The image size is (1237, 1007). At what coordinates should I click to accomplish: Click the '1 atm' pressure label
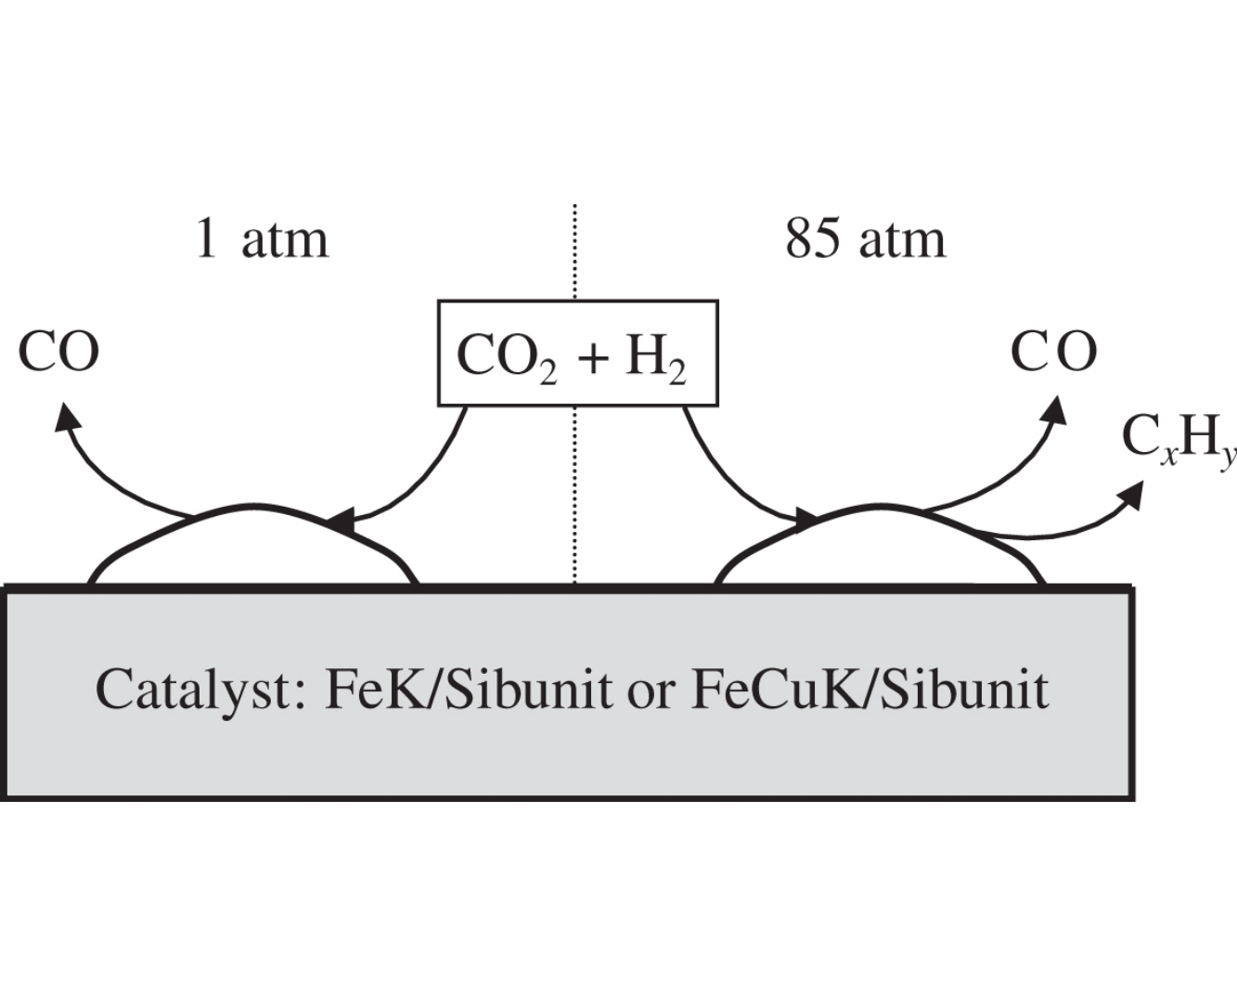coord(262,239)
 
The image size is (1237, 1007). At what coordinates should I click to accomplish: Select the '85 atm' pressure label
coord(865,239)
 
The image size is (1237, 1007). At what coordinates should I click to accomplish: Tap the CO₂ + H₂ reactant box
coord(577,353)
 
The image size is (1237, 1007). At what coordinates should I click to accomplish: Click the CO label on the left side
coord(58,353)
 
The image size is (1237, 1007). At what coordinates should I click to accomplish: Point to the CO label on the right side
coord(1053,353)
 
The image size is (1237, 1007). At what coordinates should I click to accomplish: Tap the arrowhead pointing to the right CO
coord(1054,408)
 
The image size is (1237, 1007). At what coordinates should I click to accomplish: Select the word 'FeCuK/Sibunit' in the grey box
coord(870,690)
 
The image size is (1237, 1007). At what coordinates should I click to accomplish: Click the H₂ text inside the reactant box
coord(655,358)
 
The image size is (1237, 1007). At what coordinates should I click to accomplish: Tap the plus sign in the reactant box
coord(591,358)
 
